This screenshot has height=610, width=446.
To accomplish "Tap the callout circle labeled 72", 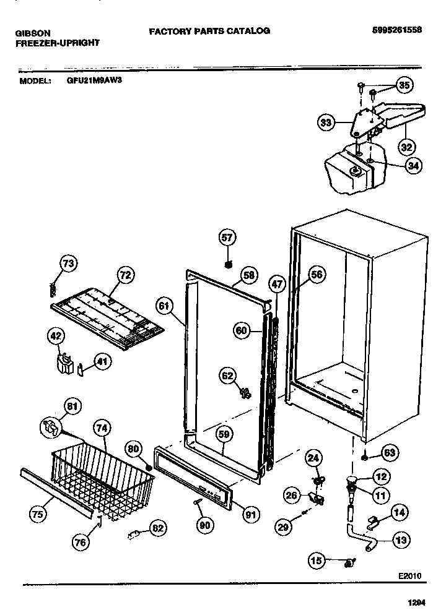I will [x=126, y=275].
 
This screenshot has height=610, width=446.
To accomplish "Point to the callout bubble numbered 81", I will [x=72, y=406].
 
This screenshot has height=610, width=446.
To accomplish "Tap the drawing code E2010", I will [x=409, y=575].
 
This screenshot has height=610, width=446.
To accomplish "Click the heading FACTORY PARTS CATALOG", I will [x=209, y=30].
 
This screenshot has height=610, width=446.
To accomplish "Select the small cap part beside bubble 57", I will [x=228, y=265].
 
